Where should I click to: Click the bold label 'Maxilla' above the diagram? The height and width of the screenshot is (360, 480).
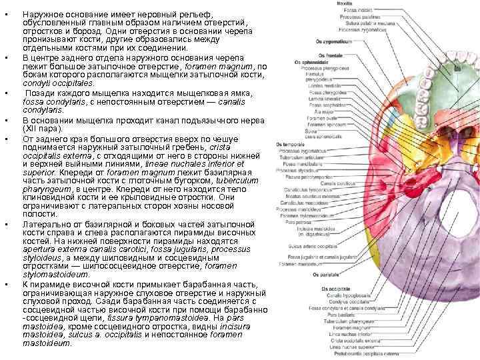point(344,4)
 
